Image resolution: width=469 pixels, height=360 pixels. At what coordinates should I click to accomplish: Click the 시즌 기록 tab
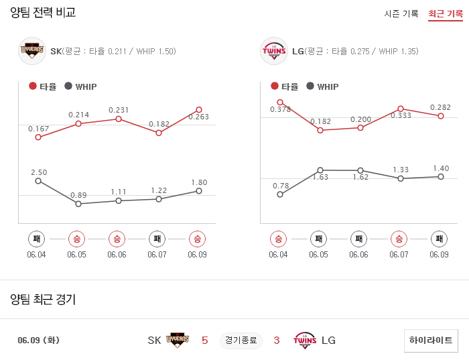click(x=401, y=13)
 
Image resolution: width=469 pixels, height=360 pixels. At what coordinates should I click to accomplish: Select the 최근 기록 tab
click(x=445, y=13)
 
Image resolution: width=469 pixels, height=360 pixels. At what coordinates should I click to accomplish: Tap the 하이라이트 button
click(x=431, y=340)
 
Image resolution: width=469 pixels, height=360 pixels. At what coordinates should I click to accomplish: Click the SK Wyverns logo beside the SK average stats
click(x=32, y=51)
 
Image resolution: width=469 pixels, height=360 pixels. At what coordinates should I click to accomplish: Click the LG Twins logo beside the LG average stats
click(x=273, y=51)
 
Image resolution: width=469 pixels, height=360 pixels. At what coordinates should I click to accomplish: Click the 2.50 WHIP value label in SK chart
click(x=39, y=172)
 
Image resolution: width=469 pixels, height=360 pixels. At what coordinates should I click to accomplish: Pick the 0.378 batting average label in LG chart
click(x=280, y=109)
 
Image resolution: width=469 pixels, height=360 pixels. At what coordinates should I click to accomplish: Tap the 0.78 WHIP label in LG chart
click(x=281, y=186)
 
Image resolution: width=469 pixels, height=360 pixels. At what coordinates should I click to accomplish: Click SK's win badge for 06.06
click(x=117, y=239)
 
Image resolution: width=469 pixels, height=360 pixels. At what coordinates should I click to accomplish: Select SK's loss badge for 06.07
click(x=157, y=239)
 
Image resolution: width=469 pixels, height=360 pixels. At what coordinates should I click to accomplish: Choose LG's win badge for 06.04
click(x=279, y=239)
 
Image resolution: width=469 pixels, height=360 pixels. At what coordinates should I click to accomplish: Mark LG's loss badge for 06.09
click(x=438, y=239)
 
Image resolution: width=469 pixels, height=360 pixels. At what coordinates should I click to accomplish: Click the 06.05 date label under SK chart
click(x=76, y=255)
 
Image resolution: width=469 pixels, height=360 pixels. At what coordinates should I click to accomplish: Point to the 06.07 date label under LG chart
click(x=399, y=255)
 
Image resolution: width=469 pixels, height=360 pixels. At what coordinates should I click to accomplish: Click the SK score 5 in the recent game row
click(x=205, y=341)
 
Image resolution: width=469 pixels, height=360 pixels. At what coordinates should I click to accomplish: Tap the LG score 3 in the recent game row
click(x=276, y=341)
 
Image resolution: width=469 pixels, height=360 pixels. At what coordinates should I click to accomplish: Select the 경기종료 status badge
click(x=241, y=341)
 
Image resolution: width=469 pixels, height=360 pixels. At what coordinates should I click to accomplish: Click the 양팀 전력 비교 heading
click(x=43, y=13)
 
